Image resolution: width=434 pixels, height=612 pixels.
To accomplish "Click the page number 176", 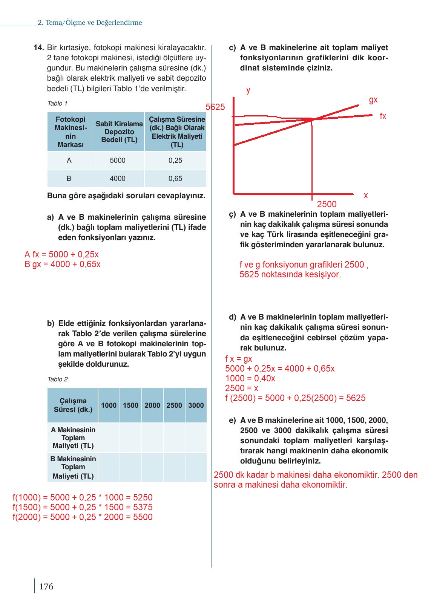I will tap(46, 586).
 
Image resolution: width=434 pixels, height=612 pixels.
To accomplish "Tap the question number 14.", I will tap(39, 47).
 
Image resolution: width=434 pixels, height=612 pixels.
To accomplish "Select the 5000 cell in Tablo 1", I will tap(117, 161).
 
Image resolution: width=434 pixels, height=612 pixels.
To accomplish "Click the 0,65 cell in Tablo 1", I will tap(175, 179).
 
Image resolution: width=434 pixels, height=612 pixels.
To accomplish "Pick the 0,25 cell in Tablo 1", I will tap(175, 161).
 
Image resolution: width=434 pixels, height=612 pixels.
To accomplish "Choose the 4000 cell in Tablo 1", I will tap(117, 179).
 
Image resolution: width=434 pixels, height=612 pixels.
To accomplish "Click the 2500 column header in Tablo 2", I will tap(174, 405).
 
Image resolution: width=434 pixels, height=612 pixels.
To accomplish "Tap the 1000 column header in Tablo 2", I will tap(109, 405).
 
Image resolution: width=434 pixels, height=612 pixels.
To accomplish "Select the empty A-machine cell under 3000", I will tap(196, 438).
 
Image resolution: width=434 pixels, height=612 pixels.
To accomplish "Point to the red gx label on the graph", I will tap(373, 100).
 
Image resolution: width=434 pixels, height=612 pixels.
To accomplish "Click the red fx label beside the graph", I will tap(383, 116).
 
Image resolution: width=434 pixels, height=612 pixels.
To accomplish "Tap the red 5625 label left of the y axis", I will tap(215, 107).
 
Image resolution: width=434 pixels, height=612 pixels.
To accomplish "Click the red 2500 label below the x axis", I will tap(327, 204).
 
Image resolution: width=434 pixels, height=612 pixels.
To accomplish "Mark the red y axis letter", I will tap(248, 90).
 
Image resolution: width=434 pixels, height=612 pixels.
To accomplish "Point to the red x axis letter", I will tap(365, 196).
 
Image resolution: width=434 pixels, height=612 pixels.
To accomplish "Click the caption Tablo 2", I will tap(57, 379).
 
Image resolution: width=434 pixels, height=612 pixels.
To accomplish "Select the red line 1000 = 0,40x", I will tap(250, 378).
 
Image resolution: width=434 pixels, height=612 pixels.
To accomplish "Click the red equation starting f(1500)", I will tap(82, 507).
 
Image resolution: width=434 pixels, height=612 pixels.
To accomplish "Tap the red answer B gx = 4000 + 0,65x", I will tap(63, 264).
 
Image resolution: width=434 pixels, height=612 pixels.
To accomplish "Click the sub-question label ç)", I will tap(232, 214).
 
